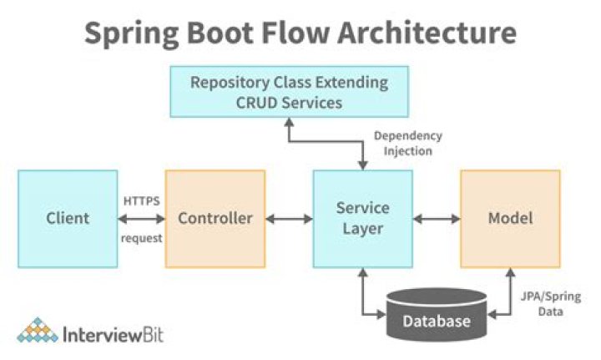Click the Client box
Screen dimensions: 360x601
pos(68,219)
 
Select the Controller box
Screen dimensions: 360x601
pos(215,219)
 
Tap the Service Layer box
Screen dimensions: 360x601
pos(362,219)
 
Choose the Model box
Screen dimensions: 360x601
pos(509,219)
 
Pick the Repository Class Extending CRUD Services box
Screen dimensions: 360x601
pos(289,92)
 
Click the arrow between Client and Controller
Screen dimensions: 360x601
pos(141,219)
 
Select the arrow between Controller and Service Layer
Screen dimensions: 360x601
pos(289,219)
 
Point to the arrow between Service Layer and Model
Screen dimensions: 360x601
pos(436,219)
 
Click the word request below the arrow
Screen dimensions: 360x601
pos(141,238)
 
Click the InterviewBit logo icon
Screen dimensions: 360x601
pos(38,331)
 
